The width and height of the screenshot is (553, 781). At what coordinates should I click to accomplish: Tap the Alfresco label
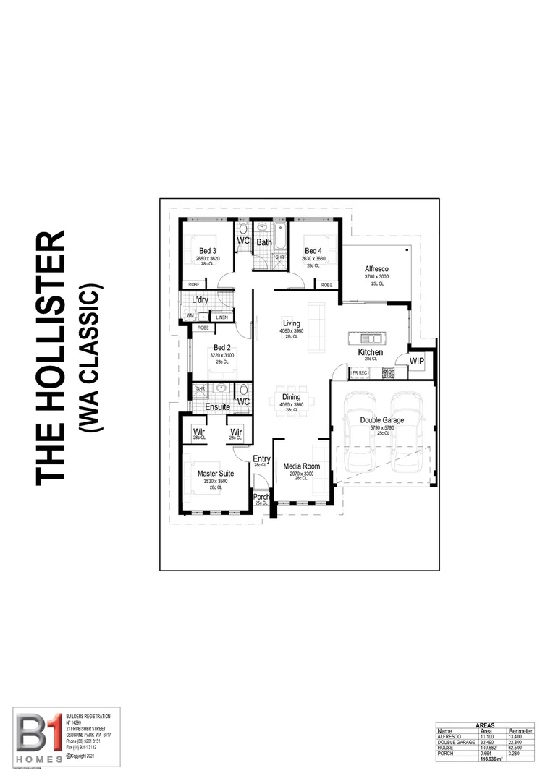click(x=376, y=270)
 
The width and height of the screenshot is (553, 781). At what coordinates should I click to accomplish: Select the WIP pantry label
click(x=417, y=361)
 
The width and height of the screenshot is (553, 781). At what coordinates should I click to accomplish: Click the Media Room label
click(x=302, y=466)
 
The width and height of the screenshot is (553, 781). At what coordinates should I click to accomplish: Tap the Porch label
click(x=261, y=497)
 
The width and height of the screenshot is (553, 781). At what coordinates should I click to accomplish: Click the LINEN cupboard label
click(x=221, y=317)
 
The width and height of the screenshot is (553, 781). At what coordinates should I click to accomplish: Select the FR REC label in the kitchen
click(x=360, y=373)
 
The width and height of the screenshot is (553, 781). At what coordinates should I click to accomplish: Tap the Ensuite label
click(x=217, y=407)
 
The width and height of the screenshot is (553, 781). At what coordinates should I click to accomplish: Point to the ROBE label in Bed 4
click(x=326, y=285)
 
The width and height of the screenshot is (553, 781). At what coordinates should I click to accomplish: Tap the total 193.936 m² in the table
click(x=491, y=760)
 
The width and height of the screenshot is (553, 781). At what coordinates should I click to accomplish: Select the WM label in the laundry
click(x=190, y=315)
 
